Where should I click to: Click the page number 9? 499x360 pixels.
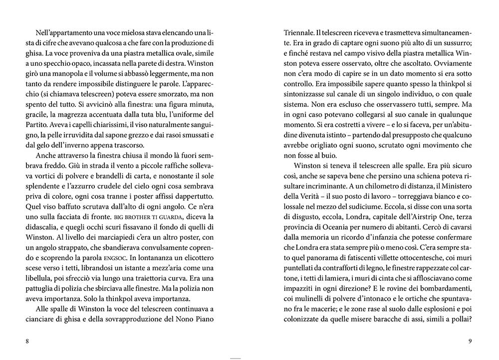tap(470, 341)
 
